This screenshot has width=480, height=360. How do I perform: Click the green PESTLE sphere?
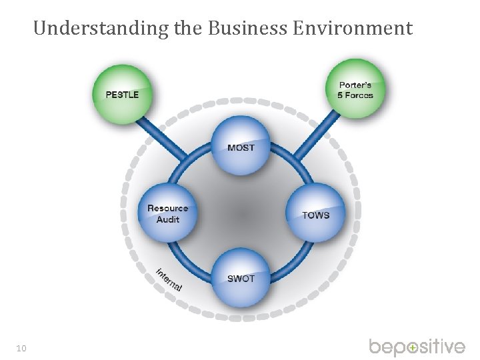[122, 93]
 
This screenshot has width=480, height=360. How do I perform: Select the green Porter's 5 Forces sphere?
[356, 89]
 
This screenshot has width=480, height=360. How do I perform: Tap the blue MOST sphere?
[241, 146]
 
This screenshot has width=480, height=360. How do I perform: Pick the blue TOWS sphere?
[315, 213]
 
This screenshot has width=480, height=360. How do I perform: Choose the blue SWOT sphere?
[241, 278]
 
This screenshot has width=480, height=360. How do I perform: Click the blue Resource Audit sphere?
[167, 213]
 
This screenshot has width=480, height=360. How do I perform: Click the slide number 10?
[22, 347]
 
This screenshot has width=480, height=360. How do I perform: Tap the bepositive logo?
[417, 347]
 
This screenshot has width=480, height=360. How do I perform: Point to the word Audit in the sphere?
[168, 219]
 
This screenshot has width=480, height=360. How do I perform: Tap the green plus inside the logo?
[413, 348]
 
